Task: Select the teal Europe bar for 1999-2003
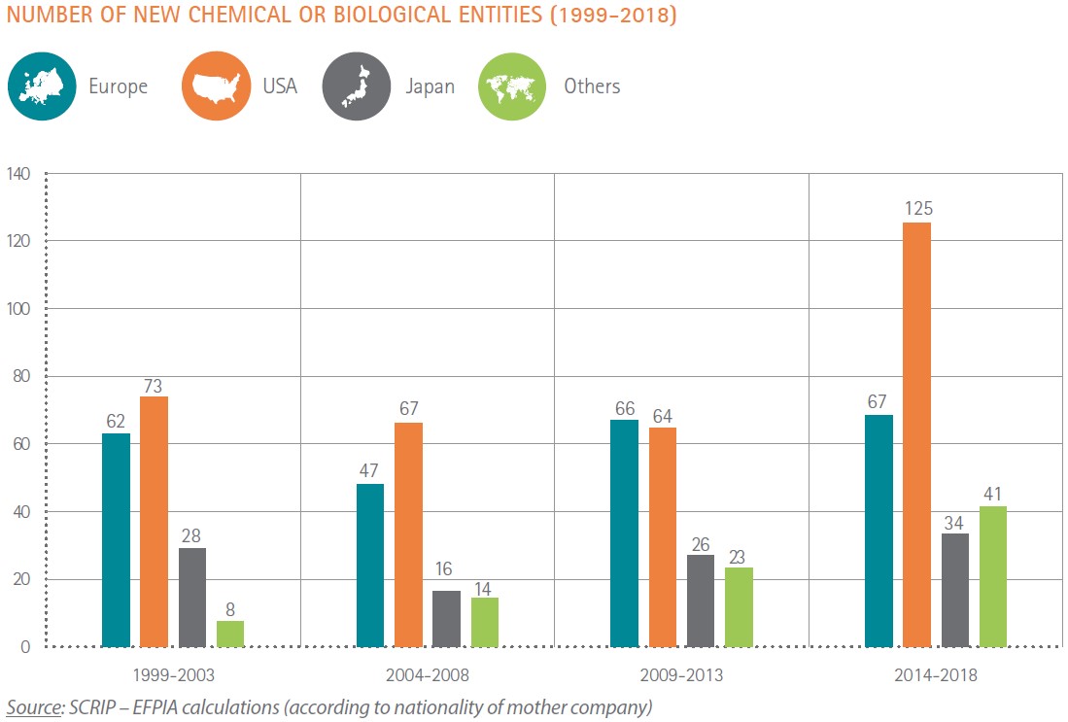click(x=116, y=539)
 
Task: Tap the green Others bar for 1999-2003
click(x=230, y=634)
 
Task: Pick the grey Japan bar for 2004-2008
click(x=447, y=618)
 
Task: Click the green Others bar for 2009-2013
click(x=739, y=606)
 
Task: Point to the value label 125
click(x=916, y=208)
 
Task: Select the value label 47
click(x=370, y=469)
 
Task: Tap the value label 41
click(x=992, y=493)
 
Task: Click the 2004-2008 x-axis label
click(x=428, y=674)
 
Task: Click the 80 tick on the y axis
click(x=22, y=377)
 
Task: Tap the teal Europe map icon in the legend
click(x=42, y=86)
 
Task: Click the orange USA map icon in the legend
click(x=215, y=86)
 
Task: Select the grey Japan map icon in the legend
click(x=356, y=86)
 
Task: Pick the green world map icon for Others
click(x=512, y=86)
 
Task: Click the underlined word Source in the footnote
click(x=32, y=706)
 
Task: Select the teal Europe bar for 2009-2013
click(x=624, y=533)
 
